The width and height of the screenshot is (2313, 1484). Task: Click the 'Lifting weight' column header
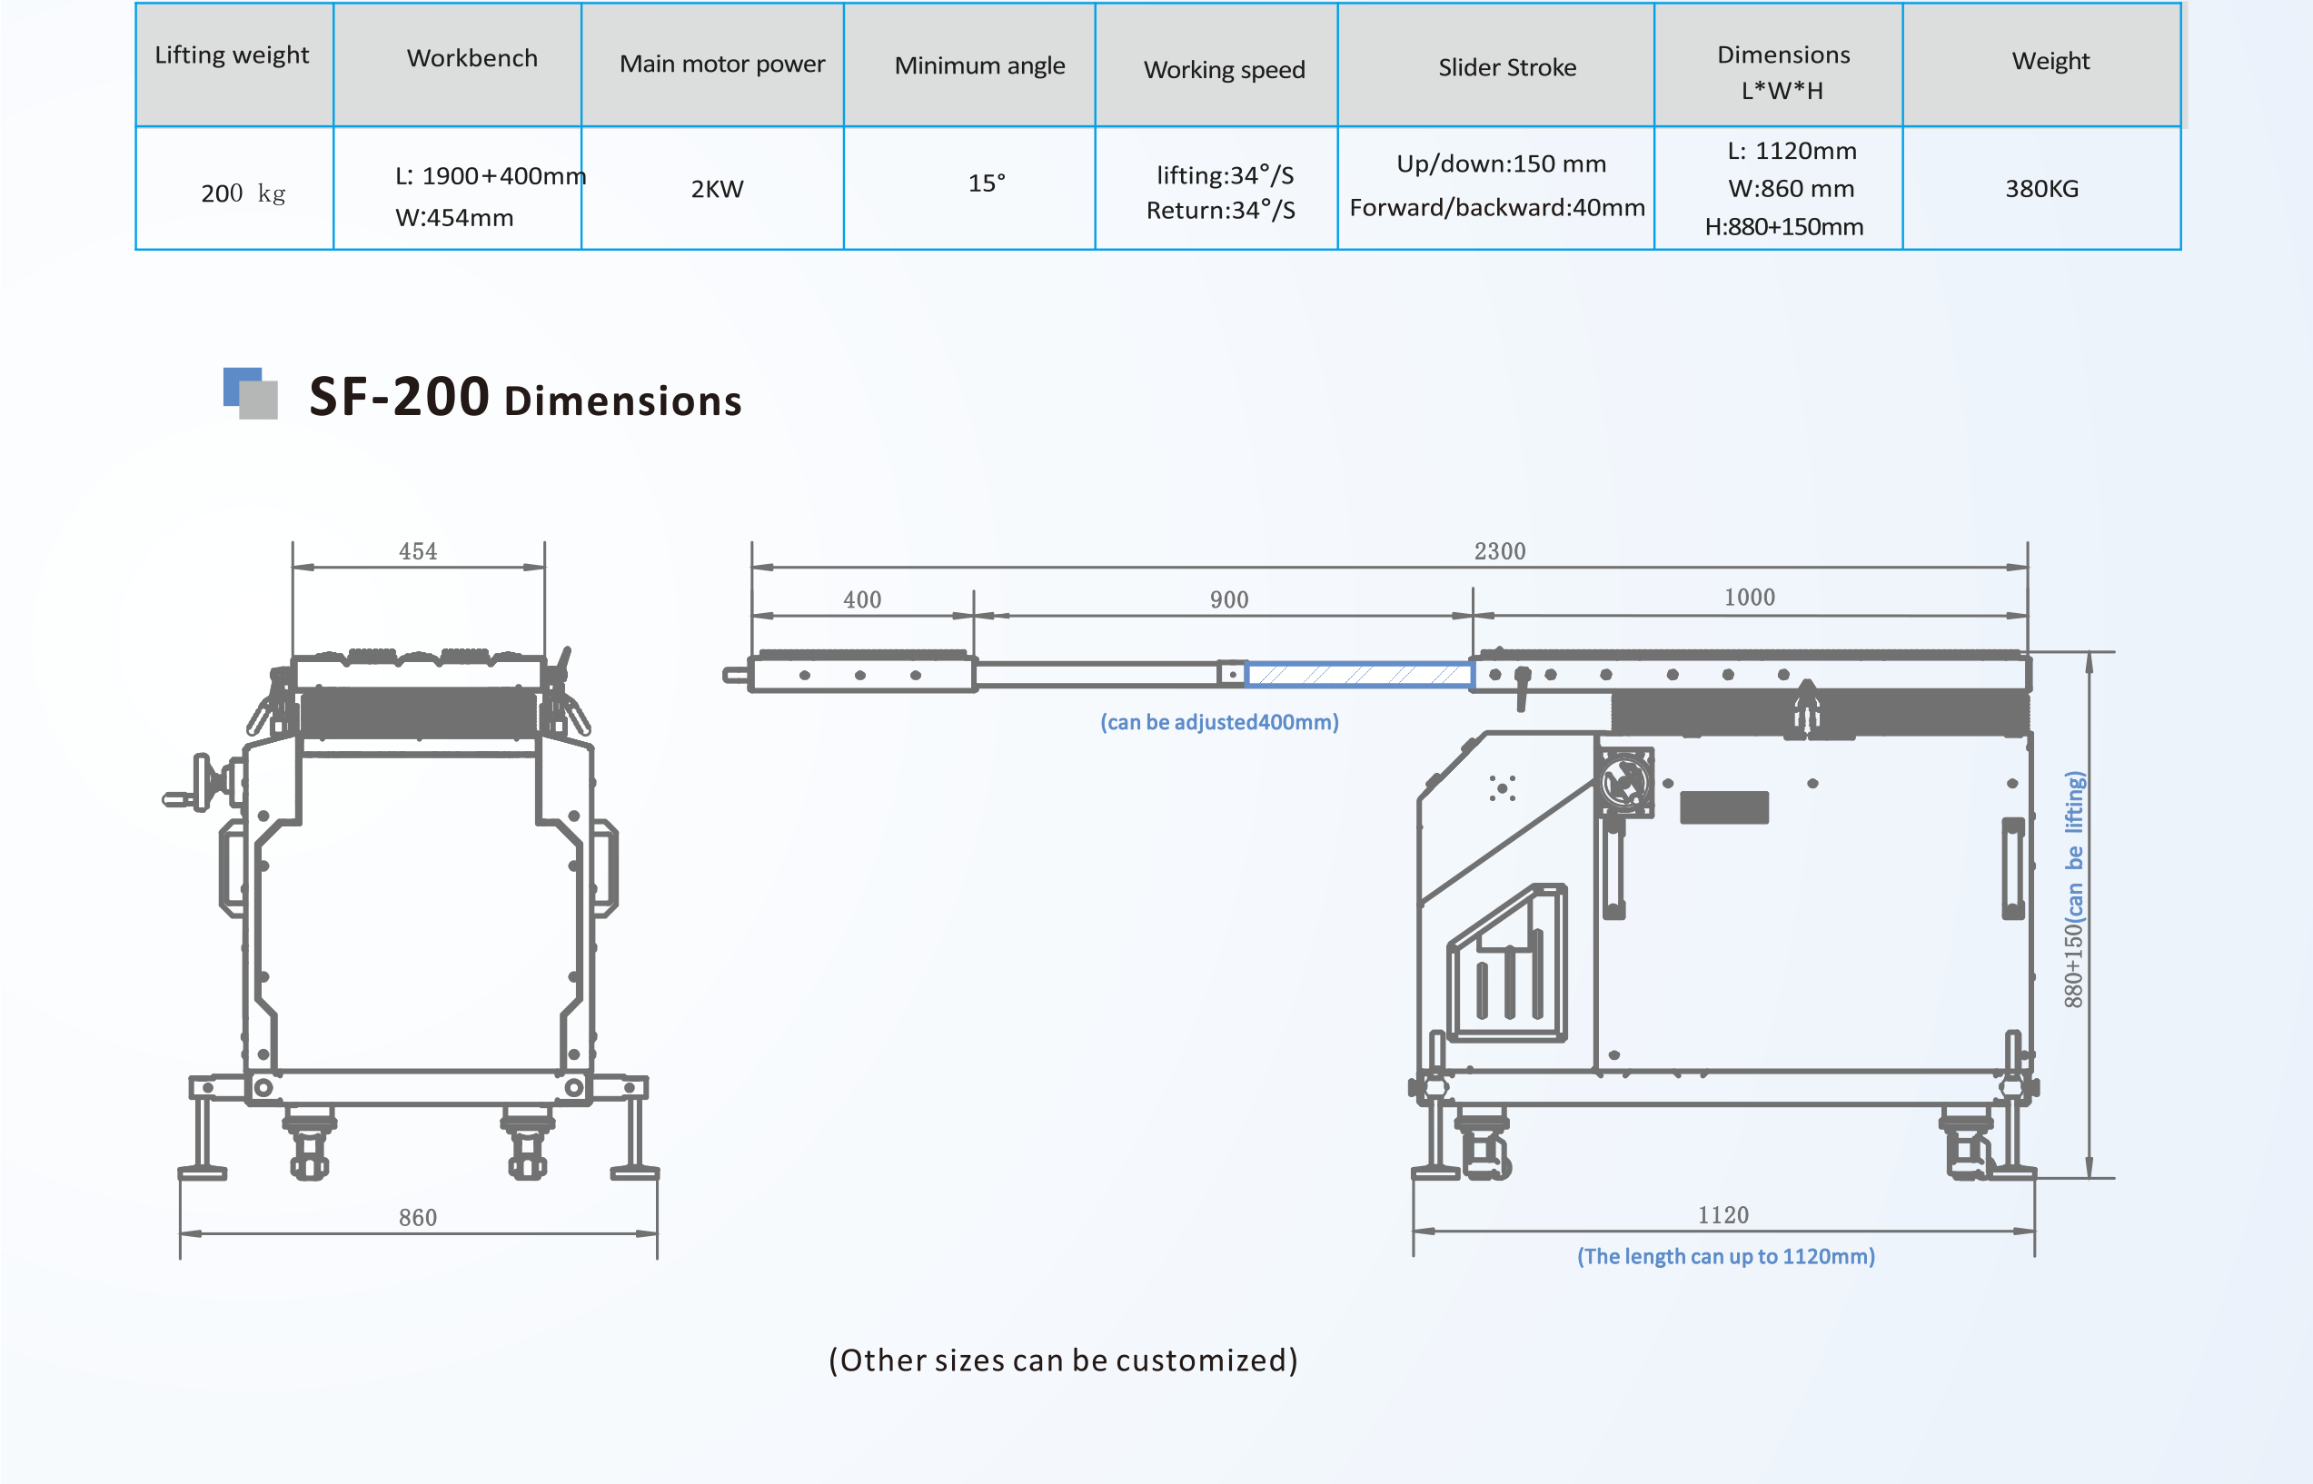point(232,56)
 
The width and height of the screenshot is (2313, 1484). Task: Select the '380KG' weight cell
point(2041,189)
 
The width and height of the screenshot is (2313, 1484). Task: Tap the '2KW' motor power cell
point(717,189)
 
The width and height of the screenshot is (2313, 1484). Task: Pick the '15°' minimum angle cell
point(986,183)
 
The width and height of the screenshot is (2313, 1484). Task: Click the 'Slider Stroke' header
point(1506,67)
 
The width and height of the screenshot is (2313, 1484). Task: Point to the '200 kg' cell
point(242,193)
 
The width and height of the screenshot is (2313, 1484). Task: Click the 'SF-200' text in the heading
point(399,397)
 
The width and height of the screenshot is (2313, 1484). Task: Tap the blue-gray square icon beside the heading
point(251,393)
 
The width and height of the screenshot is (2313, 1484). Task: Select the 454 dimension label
point(417,551)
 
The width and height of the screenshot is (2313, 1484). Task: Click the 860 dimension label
point(417,1217)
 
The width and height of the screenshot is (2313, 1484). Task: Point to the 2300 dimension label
point(1500,551)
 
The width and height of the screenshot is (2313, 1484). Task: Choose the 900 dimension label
point(1229,599)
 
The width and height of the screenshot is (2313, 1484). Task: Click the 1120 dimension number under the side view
point(1723,1215)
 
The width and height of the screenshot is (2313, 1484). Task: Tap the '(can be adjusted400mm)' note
point(1219,722)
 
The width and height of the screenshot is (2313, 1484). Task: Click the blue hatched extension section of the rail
point(1359,675)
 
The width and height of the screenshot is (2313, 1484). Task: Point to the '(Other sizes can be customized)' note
point(1063,1360)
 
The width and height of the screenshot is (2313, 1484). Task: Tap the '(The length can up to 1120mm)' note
point(1725,1257)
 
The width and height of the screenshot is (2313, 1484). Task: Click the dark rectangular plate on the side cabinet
point(1723,807)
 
